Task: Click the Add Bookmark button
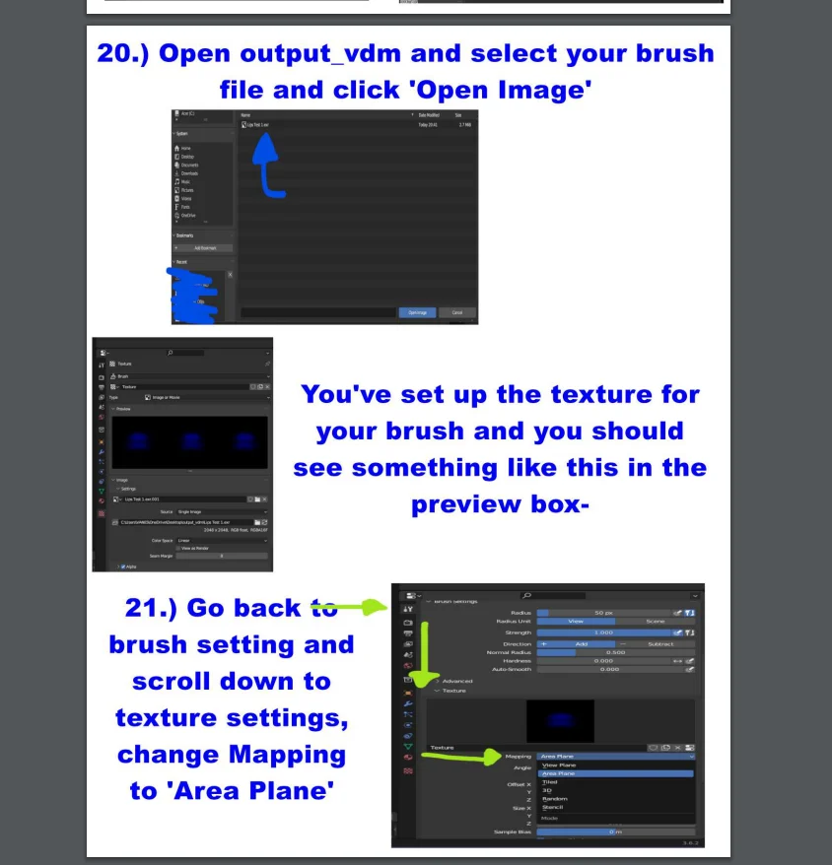coord(204,248)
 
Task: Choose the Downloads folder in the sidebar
coord(189,173)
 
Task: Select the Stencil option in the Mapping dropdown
coord(554,807)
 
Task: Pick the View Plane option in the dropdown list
coord(559,765)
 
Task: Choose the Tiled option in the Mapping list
coord(550,782)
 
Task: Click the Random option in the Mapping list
coord(555,798)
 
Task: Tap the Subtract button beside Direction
coord(660,643)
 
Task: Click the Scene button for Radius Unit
coord(655,622)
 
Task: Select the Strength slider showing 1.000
coord(602,632)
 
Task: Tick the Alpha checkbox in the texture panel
coord(122,566)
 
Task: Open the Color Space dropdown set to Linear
coord(221,541)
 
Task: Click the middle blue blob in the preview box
coord(189,440)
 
